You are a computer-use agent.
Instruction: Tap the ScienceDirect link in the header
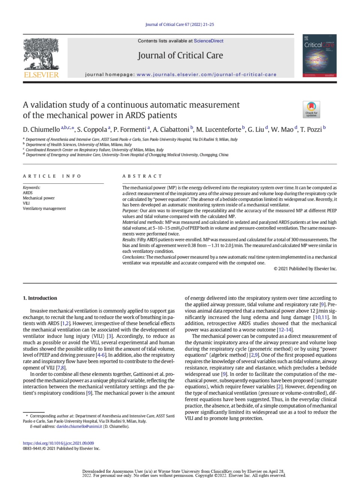pyautogui.click(x=208, y=41)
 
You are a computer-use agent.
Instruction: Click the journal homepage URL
pyautogui.click(x=206, y=74)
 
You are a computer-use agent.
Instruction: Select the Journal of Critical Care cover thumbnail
pyautogui.click(x=319, y=56)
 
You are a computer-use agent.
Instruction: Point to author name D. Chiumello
pyautogui.click(x=41, y=130)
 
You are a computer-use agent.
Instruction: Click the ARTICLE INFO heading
pyautogui.click(x=52, y=176)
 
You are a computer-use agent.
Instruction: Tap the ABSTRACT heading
pyautogui.click(x=142, y=176)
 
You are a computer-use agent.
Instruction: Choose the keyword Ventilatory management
pyautogui.click(x=44, y=208)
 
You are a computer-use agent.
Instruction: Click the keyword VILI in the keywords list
pyautogui.click(x=26, y=203)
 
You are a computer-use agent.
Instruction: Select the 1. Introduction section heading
pyautogui.click(x=40, y=298)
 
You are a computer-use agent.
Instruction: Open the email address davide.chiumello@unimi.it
pyautogui.click(x=79, y=426)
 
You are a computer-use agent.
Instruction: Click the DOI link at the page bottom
pyautogui.click(x=58, y=443)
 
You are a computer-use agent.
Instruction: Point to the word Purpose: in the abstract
pyautogui.click(x=130, y=211)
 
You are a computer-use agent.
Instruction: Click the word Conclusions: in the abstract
pyautogui.click(x=134, y=257)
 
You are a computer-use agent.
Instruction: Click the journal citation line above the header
pyautogui.click(x=180, y=24)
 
